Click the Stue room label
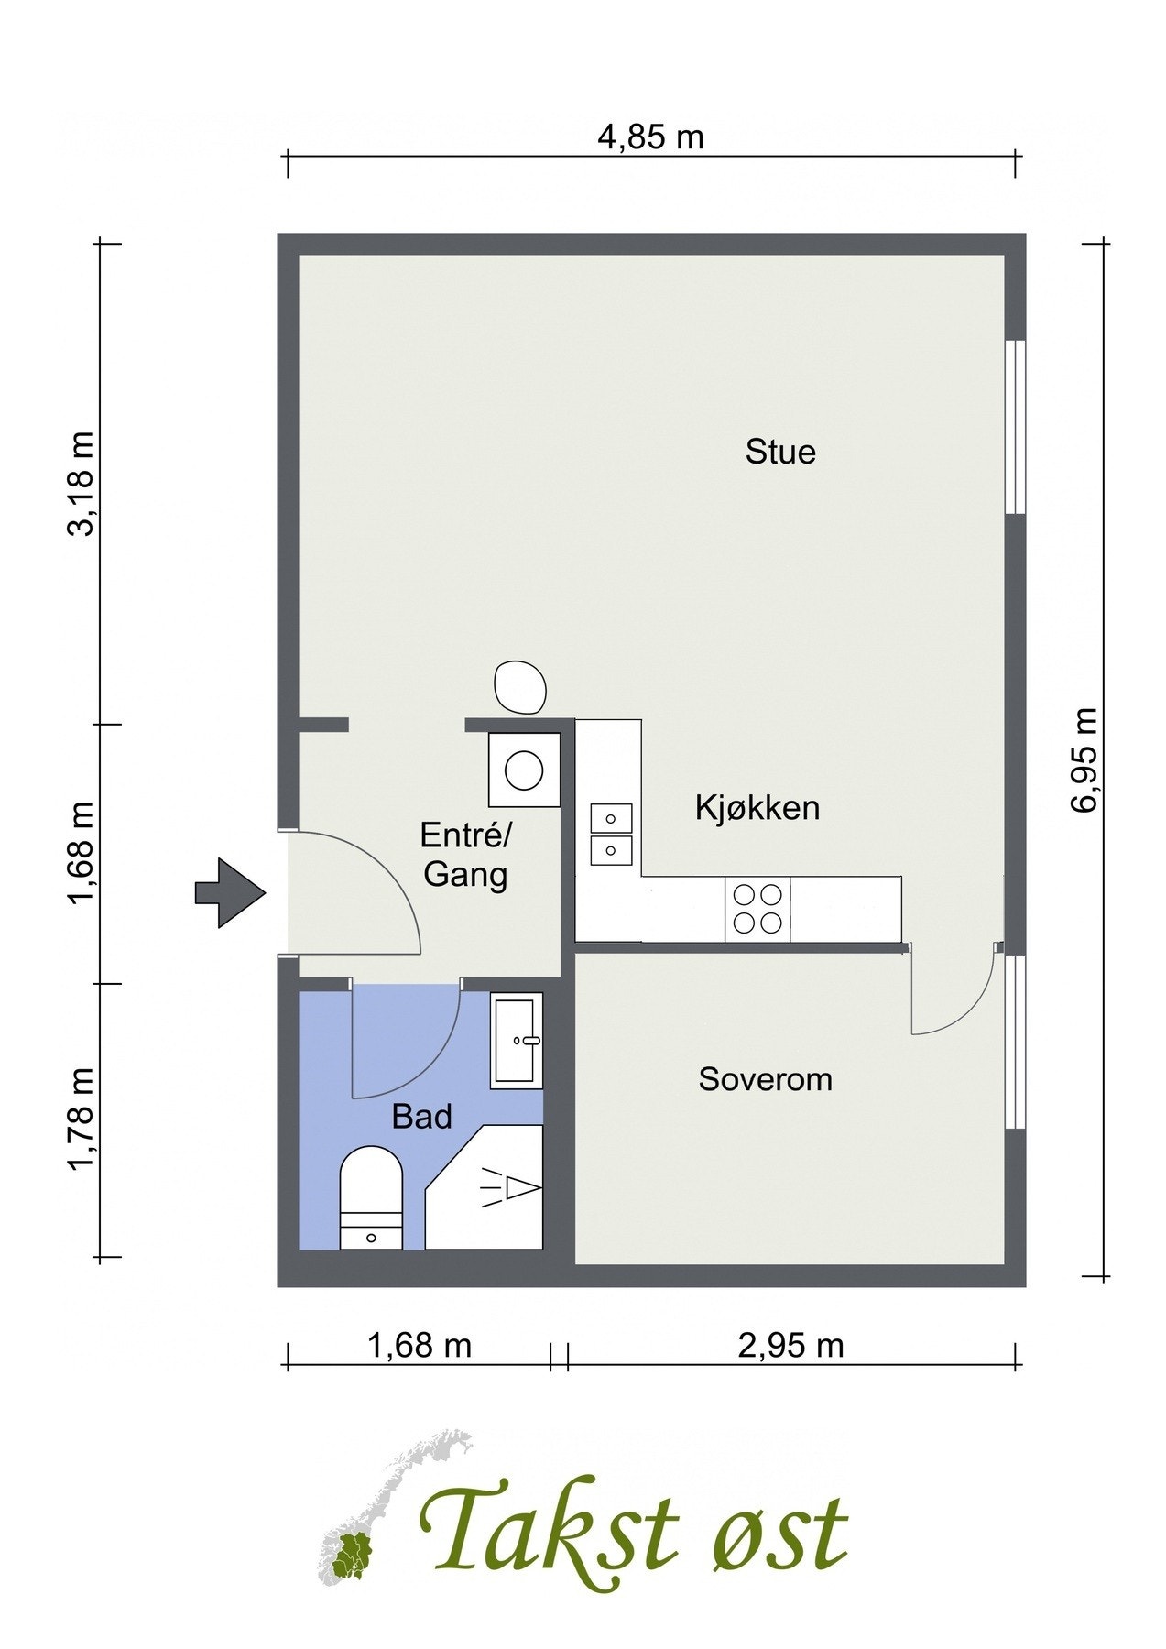pyautogui.click(x=780, y=452)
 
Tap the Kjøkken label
pyautogui.click(x=757, y=808)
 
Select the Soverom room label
pyautogui.click(x=766, y=1079)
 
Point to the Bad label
pyautogui.click(x=422, y=1117)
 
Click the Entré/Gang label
pyautogui.click(x=466, y=855)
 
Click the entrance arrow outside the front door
pyautogui.click(x=230, y=893)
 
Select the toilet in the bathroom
pyautogui.click(x=371, y=1197)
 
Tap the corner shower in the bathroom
pyautogui.click(x=485, y=1187)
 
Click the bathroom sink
pyautogui.click(x=517, y=1041)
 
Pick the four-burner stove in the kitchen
pyautogui.click(x=757, y=909)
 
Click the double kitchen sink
pyautogui.click(x=611, y=834)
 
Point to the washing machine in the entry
pyautogui.click(x=524, y=770)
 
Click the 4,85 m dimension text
pyautogui.click(x=651, y=137)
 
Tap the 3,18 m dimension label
pyautogui.click(x=82, y=483)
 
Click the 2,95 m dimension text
pyautogui.click(x=790, y=1346)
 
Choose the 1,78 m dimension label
pyautogui.click(x=82, y=1119)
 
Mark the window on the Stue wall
pyautogui.click(x=1014, y=427)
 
